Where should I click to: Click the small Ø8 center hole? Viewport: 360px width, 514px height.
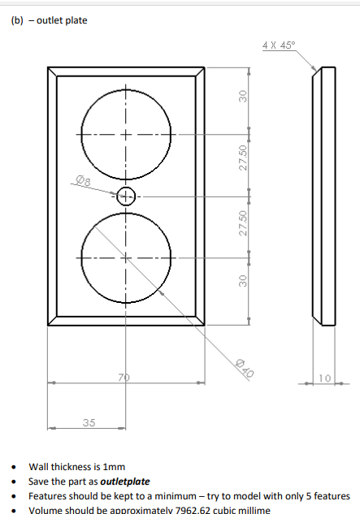(126, 196)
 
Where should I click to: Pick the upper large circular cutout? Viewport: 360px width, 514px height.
(126, 133)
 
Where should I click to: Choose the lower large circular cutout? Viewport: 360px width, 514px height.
(126, 258)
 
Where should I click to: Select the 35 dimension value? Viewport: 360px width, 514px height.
(88, 421)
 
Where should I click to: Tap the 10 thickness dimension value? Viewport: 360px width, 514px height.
(324, 378)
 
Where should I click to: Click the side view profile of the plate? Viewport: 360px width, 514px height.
(319, 195)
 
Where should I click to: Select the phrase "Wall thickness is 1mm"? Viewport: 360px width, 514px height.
(77, 467)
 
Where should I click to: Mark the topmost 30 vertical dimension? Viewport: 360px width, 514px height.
(241, 96)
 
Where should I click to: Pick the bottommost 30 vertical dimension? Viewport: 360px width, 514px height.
(241, 281)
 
